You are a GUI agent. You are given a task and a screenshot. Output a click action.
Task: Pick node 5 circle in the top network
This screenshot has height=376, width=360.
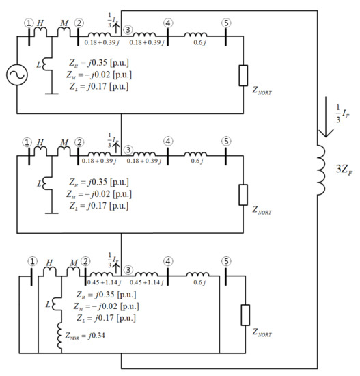pyautogui.click(x=226, y=22)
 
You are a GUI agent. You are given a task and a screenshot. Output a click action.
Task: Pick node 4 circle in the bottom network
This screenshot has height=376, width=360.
pyautogui.click(x=168, y=260)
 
